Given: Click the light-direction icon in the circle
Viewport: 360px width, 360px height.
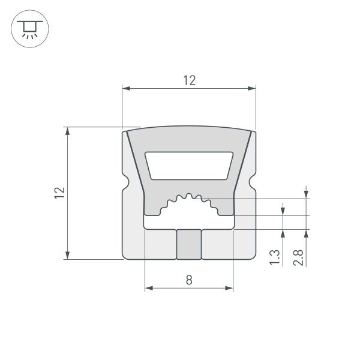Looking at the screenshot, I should point(27,28).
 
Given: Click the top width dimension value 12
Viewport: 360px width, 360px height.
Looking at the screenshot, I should point(189,80).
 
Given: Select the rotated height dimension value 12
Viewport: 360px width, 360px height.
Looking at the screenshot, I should point(59,193).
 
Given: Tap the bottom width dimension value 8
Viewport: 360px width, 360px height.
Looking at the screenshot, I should point(189,280).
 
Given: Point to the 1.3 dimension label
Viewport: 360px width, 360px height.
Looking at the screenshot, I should point(274,256).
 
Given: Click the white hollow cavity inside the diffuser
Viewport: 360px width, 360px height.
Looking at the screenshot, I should point(189,165).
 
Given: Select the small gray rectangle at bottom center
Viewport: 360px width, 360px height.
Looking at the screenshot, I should point(188,244).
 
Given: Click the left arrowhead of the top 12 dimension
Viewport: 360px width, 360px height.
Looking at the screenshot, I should point(125,89).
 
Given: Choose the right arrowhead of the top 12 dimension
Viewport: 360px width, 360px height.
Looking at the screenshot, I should point(253,89).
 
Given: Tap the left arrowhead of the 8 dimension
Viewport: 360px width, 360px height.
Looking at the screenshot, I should point(148,289).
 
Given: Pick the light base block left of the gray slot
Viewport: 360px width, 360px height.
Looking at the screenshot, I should point(160,244).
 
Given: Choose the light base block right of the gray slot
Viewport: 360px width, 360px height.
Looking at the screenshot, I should point(217,244).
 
